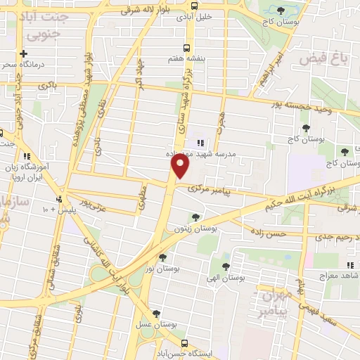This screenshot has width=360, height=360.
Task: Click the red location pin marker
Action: tap(181, 166)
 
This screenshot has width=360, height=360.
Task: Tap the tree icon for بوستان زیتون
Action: tap(195, 217)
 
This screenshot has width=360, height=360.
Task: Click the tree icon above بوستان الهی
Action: tap(226, 266)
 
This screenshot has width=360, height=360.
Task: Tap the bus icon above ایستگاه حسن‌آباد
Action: tap(184, 343)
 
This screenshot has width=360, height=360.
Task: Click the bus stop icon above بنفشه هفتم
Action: tap(186, 48)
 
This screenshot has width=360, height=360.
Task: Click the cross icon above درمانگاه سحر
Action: tap(24, 53)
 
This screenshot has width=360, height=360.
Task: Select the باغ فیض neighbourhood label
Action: tap(324, 60)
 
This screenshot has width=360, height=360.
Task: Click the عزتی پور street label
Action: tap(92, 205)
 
